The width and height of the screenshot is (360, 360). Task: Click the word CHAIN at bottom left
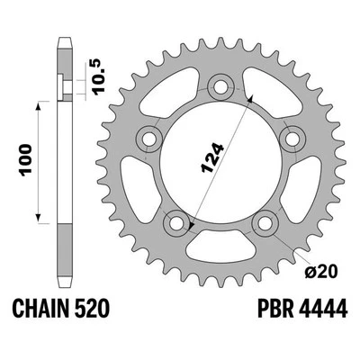[x=41, y=310]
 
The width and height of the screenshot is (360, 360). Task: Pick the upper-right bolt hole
[x=289, y=139]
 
